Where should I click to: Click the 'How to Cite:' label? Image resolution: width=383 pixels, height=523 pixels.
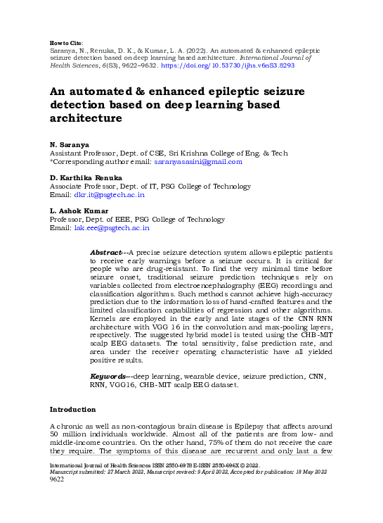68,42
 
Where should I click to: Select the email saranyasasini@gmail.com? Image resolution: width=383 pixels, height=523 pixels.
198,161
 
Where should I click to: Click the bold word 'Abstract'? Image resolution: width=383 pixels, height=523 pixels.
106,252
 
